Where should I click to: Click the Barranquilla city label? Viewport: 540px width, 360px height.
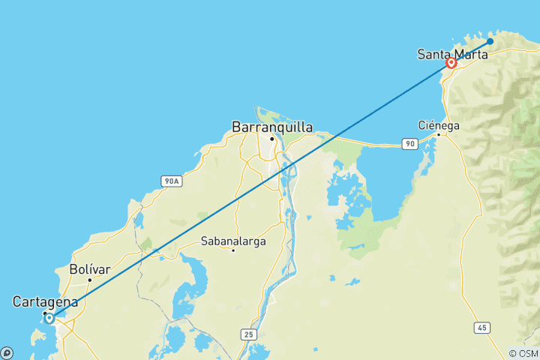pyautogui.click(x=272, y=127)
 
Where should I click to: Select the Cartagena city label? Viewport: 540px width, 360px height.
pyautogui.click(x=45, y=301)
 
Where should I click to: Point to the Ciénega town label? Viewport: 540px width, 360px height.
pyautogui.click(x=439, y=125)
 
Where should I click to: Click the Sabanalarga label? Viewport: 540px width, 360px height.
pyautogui.click(x=232, y=241)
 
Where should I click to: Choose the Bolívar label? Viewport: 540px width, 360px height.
pyautogui.click(x=89, y=268)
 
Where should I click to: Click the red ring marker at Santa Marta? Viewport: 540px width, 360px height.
pyautogui.click(x=451, y=64)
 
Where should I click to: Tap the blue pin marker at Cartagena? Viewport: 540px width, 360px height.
pyautogui.click(x=49, y=318)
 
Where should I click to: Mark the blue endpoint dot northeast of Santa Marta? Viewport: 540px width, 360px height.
pyautogui.click(x=490, y=41)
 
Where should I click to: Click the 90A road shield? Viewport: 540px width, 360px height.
pyautogui.click(x=171, y=181)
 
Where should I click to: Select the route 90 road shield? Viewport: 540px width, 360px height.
pyautogui.click(x=409, y=143)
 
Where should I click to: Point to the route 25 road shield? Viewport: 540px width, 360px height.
pyautogui.click(x=249, y=332)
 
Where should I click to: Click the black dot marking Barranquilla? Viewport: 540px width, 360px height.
pyautogui.click(x=272, y=139)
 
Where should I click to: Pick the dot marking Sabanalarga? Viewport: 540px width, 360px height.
pyautogui.click(x=233, y=250)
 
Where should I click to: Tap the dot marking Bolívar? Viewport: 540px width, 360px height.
pyautogui.click(x=89, y=280)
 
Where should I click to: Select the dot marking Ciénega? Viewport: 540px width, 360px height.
pyautogui.click(x=439, y=134)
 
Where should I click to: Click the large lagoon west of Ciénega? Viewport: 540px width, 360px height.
pyautogui.click(x=382, y=184)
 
